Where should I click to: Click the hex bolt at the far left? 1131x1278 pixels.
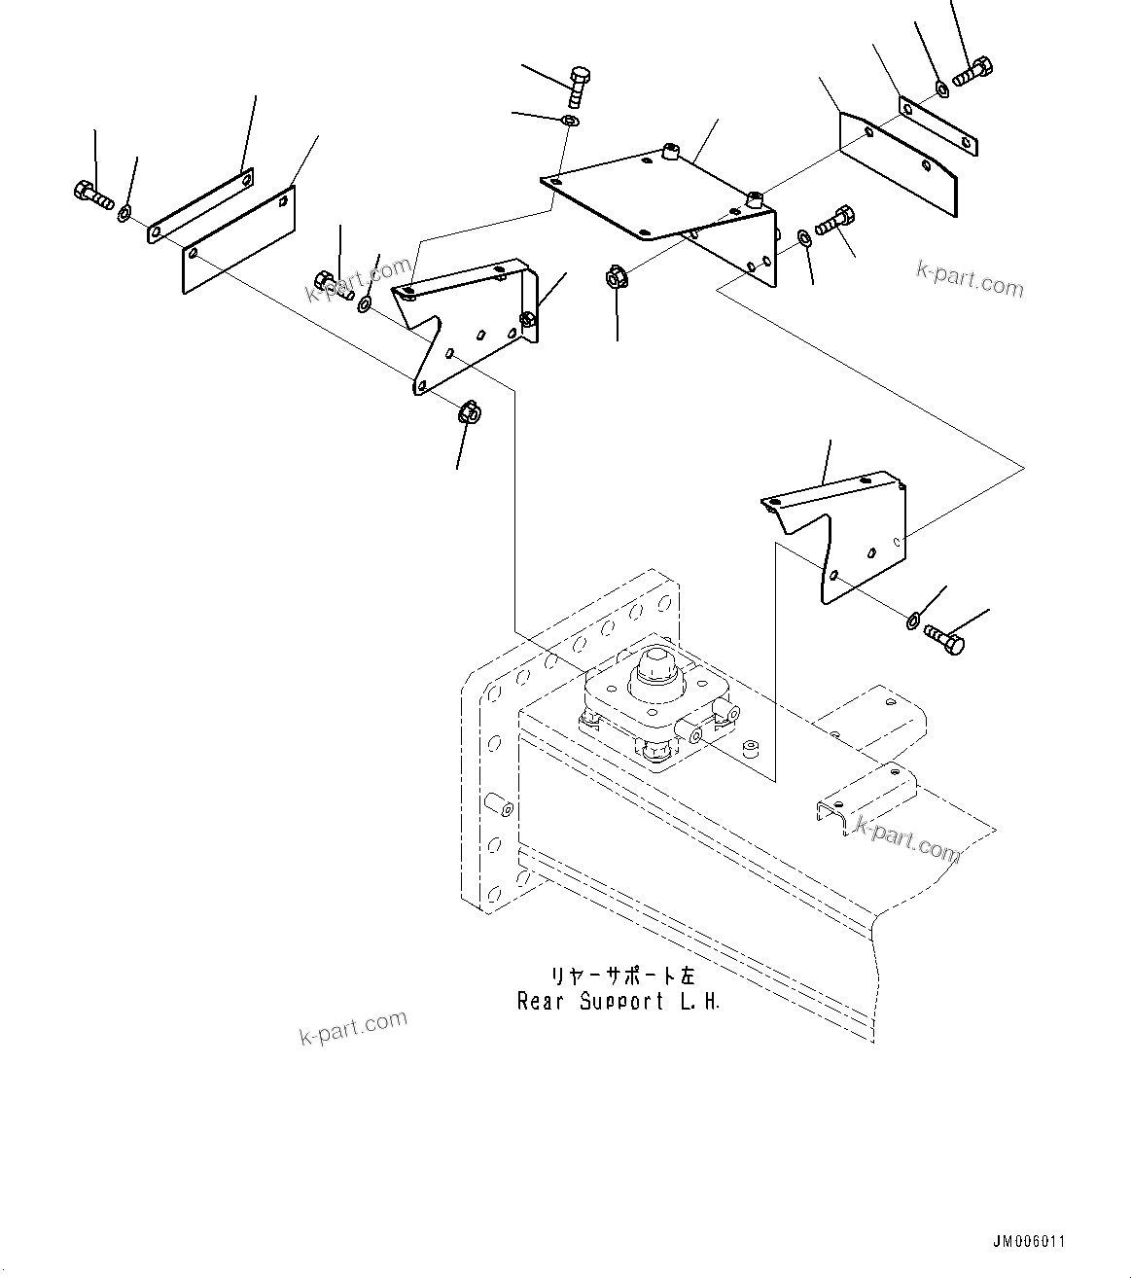point(91,195)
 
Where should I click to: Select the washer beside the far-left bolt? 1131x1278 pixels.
point(125,212)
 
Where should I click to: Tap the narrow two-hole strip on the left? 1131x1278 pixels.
point(201,206)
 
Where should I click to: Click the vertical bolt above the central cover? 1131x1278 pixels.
point(579,88)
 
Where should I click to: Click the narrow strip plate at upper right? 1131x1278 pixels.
point(937,126)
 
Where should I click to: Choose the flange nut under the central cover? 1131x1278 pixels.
point(616,278)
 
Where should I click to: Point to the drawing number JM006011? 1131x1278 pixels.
point(1029,1242)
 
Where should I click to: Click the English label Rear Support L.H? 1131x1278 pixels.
point(619,1002)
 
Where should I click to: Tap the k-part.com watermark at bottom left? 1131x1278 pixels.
point(353,1027)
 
